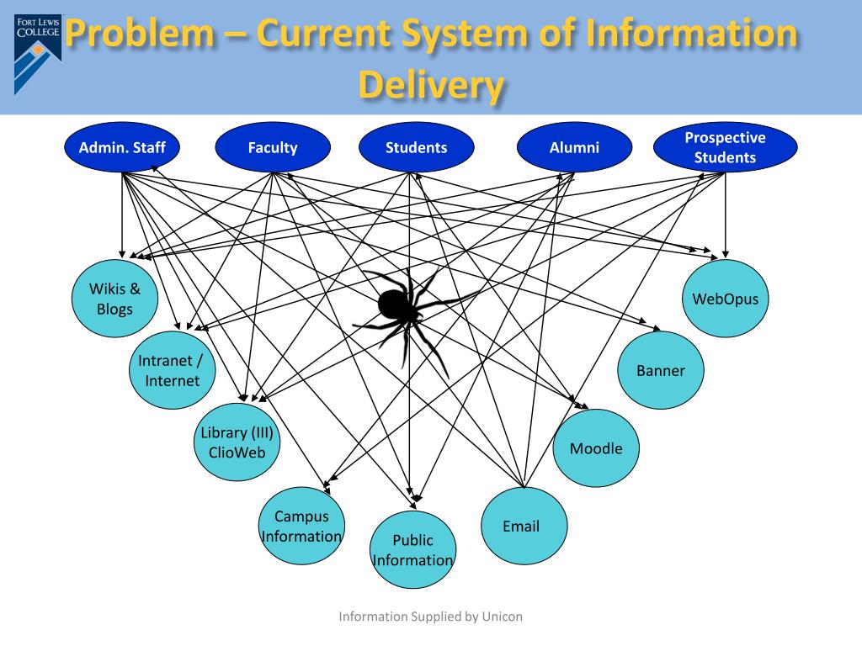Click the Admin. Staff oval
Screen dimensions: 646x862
[122, 148]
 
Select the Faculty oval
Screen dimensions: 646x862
[272, 148]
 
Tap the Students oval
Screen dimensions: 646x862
[416, 148]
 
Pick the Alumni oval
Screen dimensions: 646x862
[574, 148]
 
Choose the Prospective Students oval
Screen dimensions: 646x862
[725, 148]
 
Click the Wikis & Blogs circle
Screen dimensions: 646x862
[114, 299]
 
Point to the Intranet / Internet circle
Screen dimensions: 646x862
[172, 370]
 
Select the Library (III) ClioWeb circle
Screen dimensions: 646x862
[237, 442]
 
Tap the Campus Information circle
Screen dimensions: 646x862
[301, 526]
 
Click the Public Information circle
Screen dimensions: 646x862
[412, 550]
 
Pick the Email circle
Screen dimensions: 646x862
[521, 527]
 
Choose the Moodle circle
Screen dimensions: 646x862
[596, 448]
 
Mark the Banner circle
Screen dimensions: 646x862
[661, 370]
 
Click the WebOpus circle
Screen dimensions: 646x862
[725, 299]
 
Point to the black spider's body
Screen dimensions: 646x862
[396, 304]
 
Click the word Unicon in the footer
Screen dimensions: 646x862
[502, 617]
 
